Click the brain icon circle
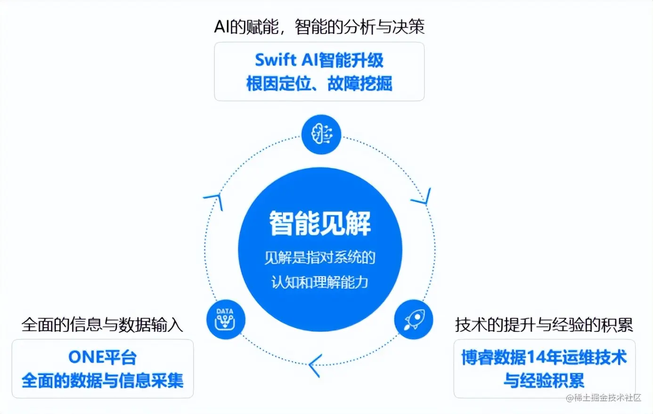click(321, 134)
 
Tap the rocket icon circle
click(414, 320)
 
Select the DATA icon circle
click(226, 320)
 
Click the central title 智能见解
click(320, 223)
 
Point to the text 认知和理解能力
click(320, 282)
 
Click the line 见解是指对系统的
click(320, 257)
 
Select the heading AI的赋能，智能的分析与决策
click(319, 26)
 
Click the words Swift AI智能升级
click(319, 60)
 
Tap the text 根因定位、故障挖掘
click(319, 84)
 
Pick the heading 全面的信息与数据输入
click(102, 325)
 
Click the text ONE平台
click(103, 357)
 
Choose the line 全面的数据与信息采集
click(103, 381)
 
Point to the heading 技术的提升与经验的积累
click(544, 325)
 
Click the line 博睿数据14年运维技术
click(544, 357)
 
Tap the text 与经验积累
click(544, 380)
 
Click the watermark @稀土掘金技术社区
click(604, 397)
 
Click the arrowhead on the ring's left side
click(214, 199)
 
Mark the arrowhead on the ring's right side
click(423, 198)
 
